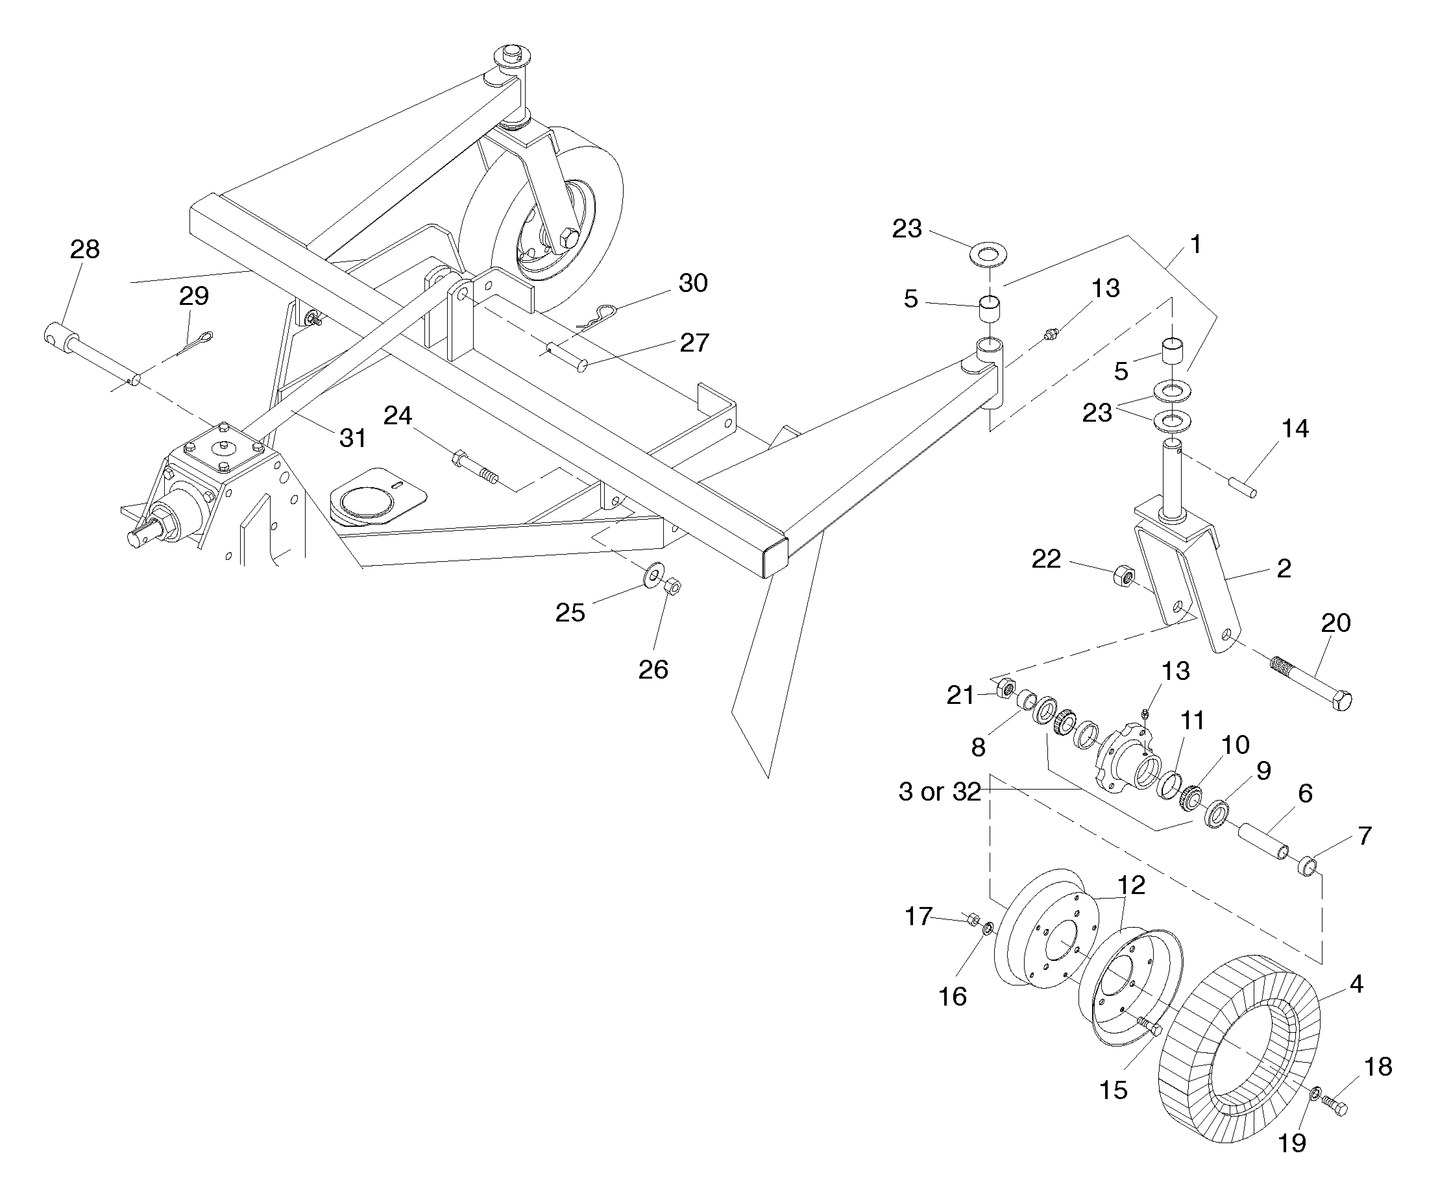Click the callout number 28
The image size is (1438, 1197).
click(x=85, y=249)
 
